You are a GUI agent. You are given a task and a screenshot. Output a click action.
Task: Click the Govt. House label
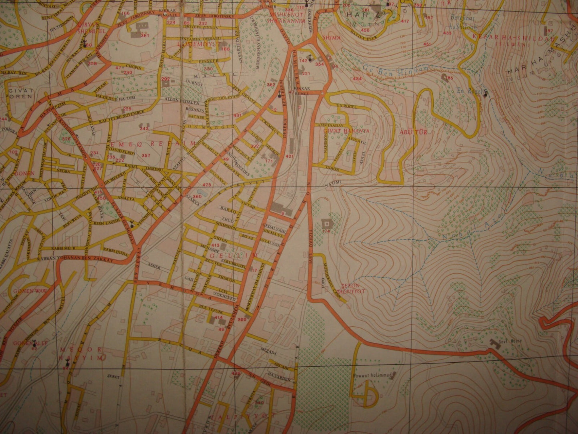coord(504,343)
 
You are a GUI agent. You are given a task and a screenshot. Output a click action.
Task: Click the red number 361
coord(145,36)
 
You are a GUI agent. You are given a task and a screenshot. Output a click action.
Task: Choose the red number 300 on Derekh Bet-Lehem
coord(242,319)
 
